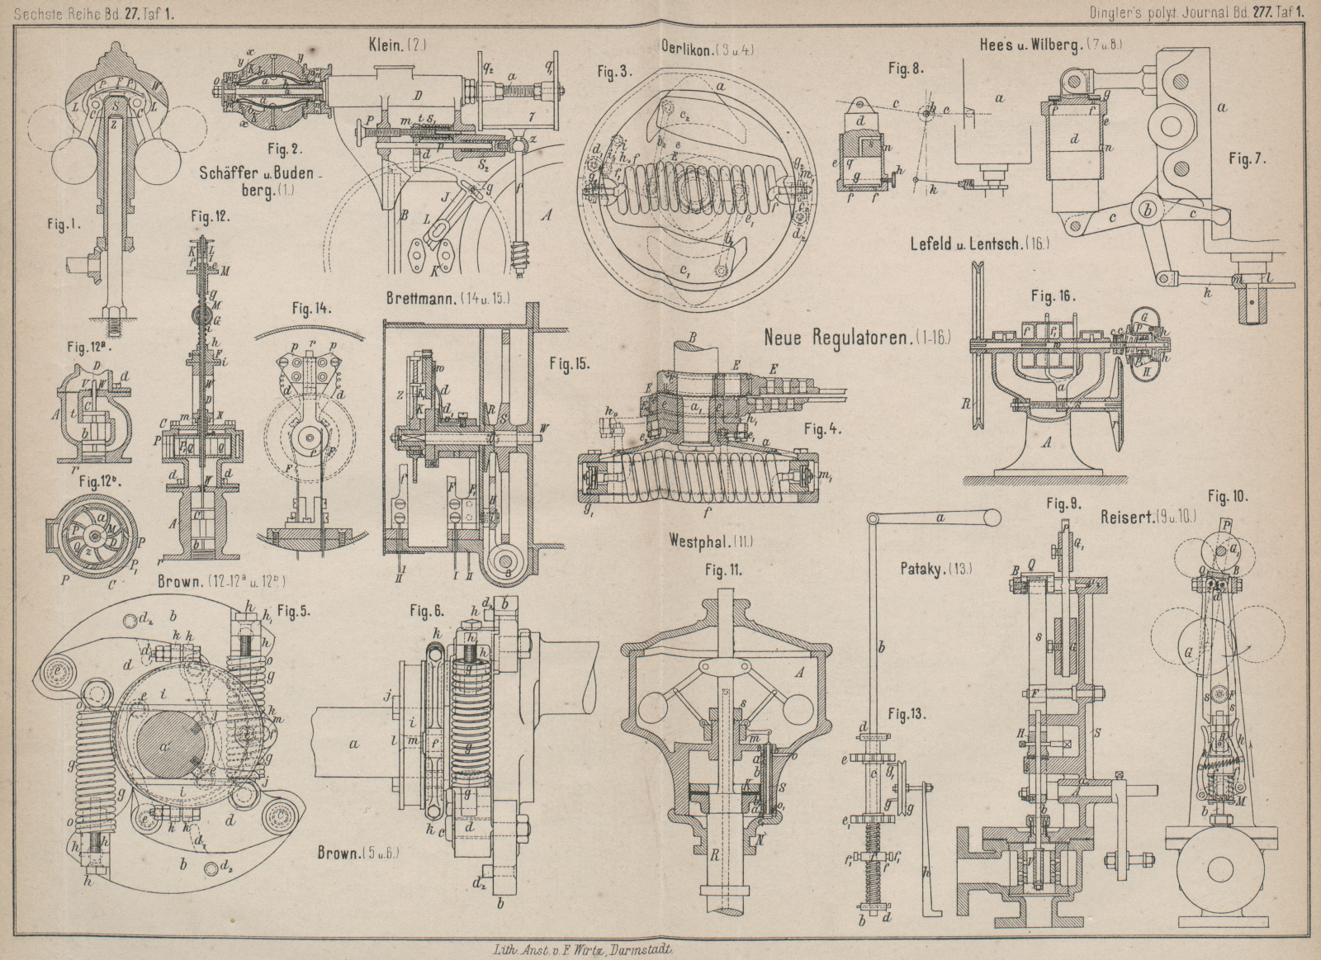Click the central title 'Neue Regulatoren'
(857, 337)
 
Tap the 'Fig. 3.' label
(616, 73)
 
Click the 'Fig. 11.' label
(723, 570)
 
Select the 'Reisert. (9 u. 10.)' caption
(1149, 518)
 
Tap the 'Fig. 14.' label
(312, 309)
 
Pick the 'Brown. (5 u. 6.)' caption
(358, 854)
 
